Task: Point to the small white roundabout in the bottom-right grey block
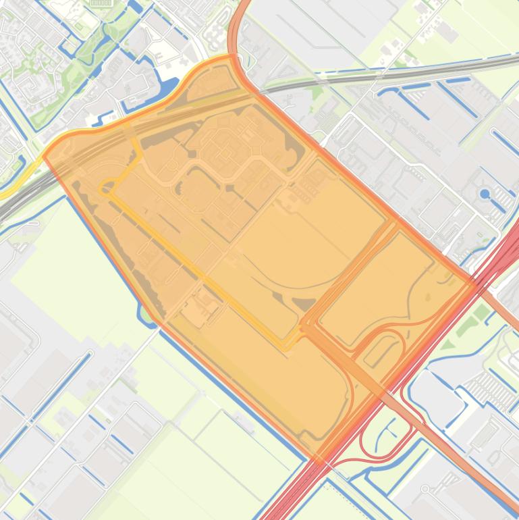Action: tap(425, 489)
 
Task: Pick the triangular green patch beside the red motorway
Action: tap(481, 312)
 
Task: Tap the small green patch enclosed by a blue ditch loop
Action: tap(146, 313)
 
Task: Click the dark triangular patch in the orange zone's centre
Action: tap(304, 305)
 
